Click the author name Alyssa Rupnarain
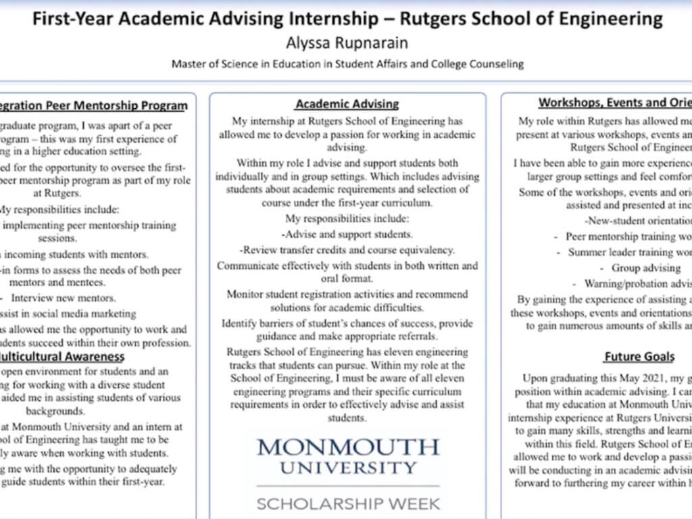[x=347, y=42]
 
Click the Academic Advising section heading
[x=347, y=104]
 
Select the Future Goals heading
[x=639, y=356]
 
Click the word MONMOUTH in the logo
[x=348, y=447]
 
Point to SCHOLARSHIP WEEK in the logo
[x=348, y=503]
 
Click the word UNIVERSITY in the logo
[x=348, y=468]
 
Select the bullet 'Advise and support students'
[x=348, y=234]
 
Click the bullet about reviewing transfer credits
[x=347, y=250]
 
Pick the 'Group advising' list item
[x=636, y=268]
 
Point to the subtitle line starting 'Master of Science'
[x=347, y=64]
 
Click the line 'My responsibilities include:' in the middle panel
[x=347, y=219]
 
